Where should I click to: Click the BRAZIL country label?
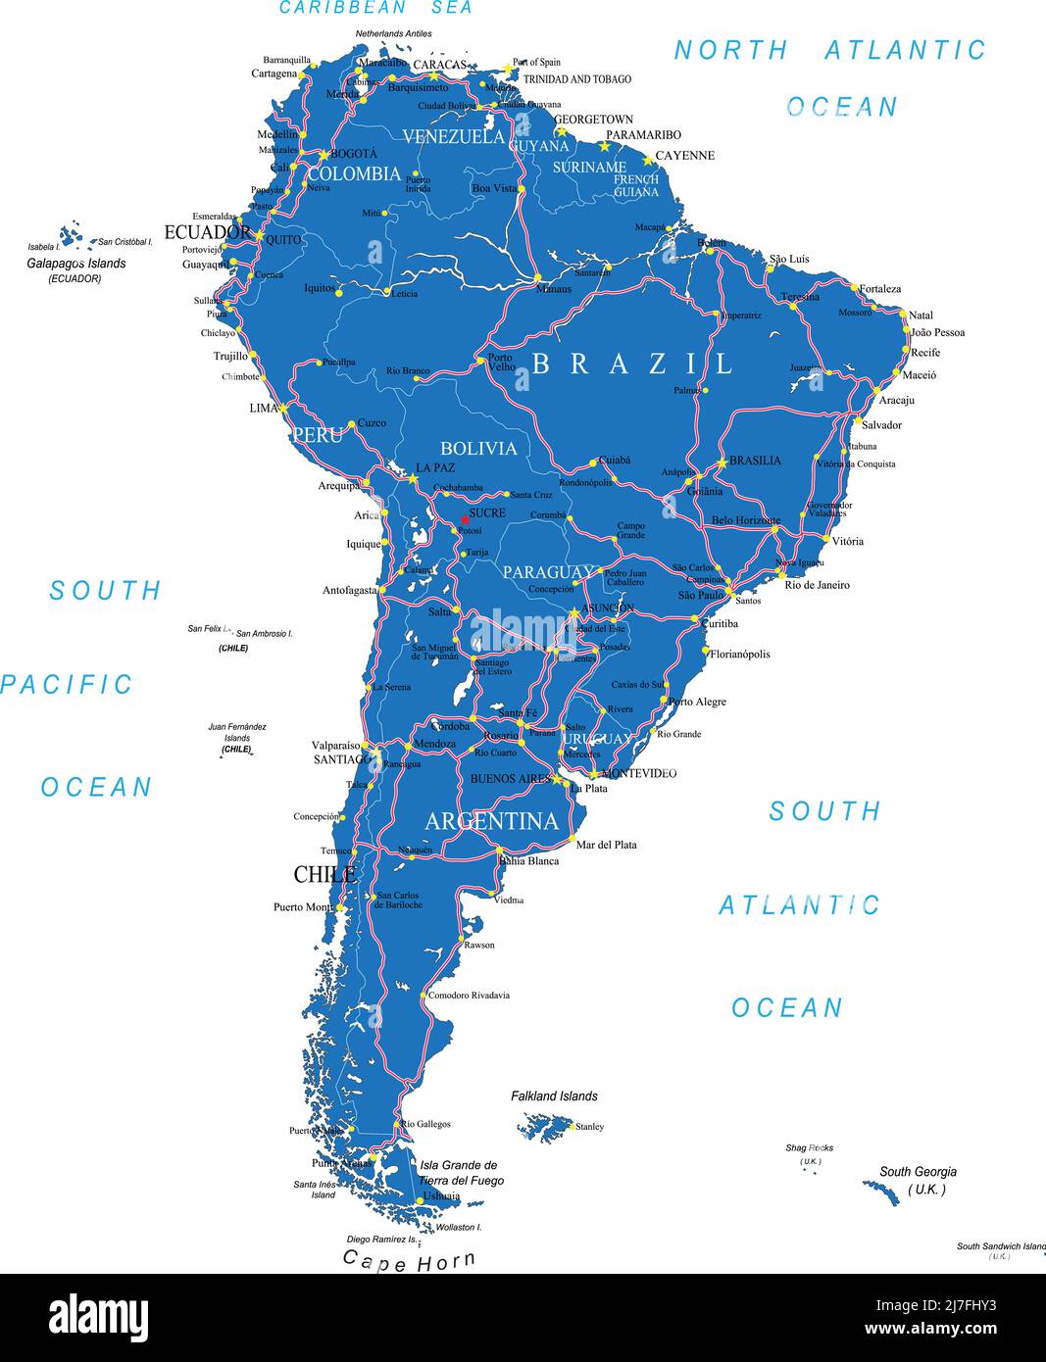pos(632,364)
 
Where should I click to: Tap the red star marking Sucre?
pos(465,519)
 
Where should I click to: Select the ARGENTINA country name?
pos(491,821)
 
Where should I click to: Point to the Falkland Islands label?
pos(554,1096)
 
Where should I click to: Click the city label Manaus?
pos(553,289)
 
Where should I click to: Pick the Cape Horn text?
pos(409,1261)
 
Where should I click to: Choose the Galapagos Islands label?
pos(75,264)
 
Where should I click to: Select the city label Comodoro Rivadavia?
pos(469,996)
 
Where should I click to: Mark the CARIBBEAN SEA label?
pos(375,8)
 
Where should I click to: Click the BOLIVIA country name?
pos(478,449)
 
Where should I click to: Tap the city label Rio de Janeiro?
pos(817,585)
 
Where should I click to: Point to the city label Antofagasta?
pos(350,591)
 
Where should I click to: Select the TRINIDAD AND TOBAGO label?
pos(576,79)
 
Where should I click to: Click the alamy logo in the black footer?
pos(98,1318)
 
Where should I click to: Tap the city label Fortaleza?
pos(879,289)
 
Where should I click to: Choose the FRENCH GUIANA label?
pos(636,186)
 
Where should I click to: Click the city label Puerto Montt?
pos(302,907)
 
